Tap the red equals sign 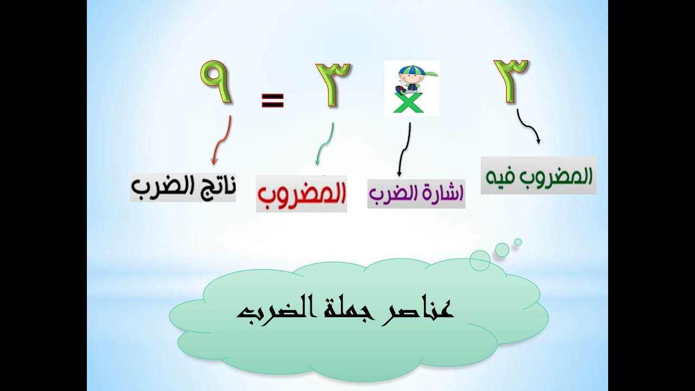point(273,100)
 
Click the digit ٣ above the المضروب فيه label point(511,80)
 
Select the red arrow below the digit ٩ point(222,140)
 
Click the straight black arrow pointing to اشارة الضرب point(404,149)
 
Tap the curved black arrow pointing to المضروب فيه point(529,128)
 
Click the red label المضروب point(301,194)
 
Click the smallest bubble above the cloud point(518,242)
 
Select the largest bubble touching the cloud point(480,260)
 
